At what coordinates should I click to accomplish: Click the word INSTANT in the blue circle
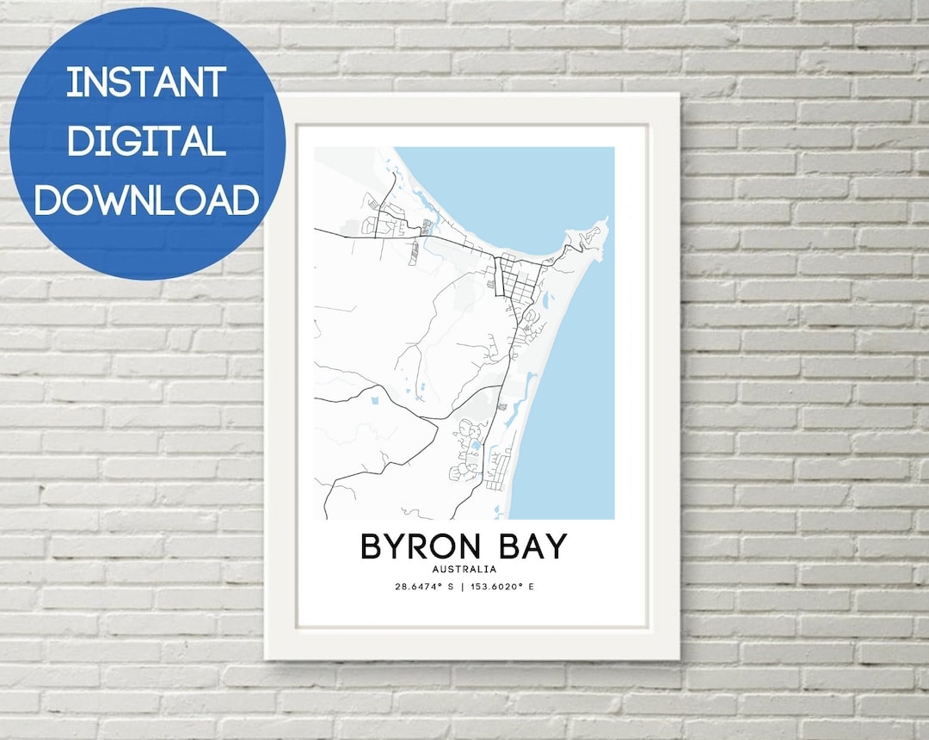coord(146,83)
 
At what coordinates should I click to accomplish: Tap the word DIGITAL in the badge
coord(146,139)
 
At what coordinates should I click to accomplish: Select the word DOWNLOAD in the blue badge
coord(146,199)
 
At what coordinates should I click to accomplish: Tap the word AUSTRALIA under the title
coord(464,570)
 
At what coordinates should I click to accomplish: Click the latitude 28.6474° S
coord(424,587)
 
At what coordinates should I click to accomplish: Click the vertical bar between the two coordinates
coord(462,587)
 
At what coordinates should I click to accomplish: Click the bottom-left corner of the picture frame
coord(268,658)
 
